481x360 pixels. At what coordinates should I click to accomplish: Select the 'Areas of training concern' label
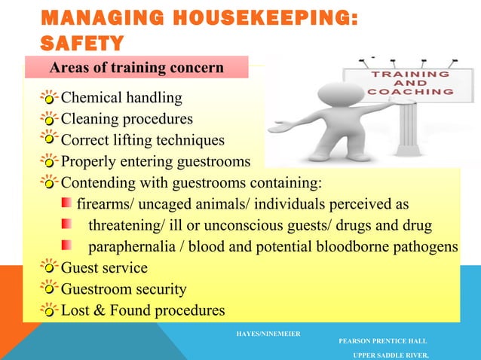point(136,69)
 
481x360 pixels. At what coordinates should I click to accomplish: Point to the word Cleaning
point(88,119)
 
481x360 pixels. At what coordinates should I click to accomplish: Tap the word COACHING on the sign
point(411,92)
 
